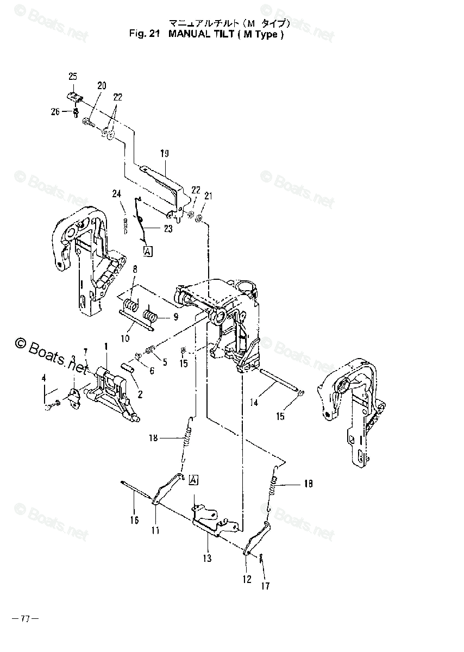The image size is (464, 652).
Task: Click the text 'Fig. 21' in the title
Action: click(x=143, y=34)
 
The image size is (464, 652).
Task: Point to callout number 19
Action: click(x=165, y=154)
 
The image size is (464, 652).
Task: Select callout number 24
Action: click(x=116, y=193)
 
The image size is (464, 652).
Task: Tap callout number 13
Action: click(x=207, y=558)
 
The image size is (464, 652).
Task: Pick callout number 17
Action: click(x=265, y=586)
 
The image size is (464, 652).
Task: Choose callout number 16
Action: click(x=134, y=520)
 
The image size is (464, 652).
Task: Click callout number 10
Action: click(x=126, y=338)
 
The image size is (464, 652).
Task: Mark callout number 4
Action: click(x=44, y=378)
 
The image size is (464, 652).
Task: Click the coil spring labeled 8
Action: click(x=130, y=305)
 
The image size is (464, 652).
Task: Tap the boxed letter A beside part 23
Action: click(x=148, y=250)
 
